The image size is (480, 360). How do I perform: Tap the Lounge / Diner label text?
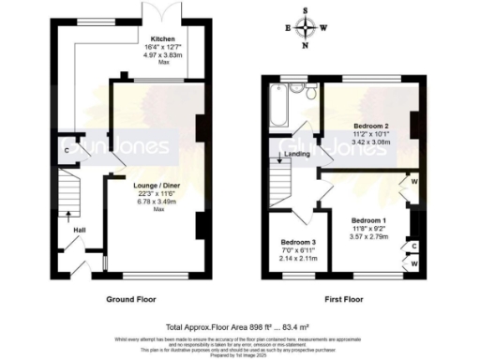pos(156,186)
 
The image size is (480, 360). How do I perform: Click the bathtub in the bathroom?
pos(279,106)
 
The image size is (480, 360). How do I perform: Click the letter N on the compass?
pos(306,45)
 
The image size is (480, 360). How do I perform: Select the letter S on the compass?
pos(306,10)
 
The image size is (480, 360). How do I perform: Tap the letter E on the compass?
pos(287,27)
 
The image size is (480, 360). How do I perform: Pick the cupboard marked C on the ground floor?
pos(66,149)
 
